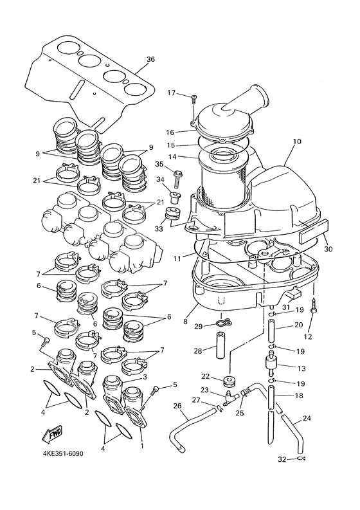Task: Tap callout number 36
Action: coord(150,60)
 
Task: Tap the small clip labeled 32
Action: coord(301,459)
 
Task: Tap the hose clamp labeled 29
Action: coord(222,324)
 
